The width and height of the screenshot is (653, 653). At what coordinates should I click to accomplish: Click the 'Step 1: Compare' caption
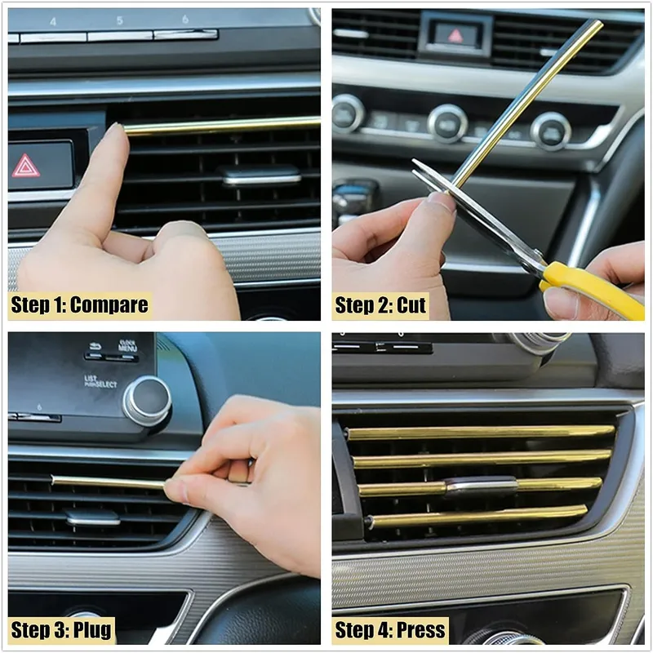[79, 305]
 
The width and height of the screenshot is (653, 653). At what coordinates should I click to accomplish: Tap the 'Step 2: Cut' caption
[380, 305]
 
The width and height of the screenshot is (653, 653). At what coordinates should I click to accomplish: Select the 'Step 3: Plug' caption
[61, 629]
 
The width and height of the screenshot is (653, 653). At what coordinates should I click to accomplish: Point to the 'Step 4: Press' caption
[390, 629]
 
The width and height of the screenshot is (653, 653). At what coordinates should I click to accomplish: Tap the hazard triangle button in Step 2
[456, 35]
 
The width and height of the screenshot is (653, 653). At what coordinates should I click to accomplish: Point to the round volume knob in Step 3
[148, 401]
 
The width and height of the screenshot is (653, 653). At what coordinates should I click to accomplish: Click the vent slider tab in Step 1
[261, 175]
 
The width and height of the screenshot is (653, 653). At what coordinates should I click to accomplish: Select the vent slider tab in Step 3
[93, 517]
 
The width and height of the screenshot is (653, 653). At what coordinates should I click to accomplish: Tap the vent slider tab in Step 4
[481, 486]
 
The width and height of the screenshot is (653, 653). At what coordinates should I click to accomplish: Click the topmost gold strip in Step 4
[481, 433]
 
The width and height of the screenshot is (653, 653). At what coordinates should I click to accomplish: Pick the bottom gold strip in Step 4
[477, 517]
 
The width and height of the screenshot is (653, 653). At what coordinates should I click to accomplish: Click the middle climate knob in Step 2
[447, 123]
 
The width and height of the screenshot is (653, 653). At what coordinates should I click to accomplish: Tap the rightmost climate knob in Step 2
[550, 131]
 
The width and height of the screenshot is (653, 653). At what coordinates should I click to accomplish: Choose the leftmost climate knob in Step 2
[349, 113]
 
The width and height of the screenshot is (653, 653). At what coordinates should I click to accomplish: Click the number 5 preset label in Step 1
[119, 20]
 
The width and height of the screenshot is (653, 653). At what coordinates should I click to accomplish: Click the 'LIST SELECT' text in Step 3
[100, 381]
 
